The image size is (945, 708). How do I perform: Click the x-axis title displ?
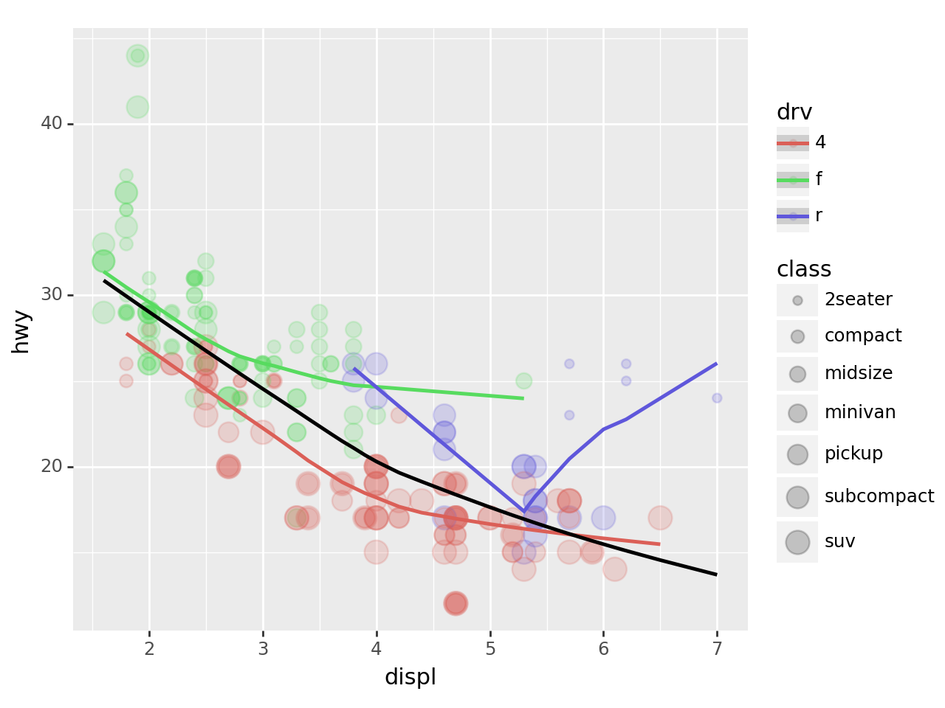[x=410, y=677]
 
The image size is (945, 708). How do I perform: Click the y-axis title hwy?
[x=21, y=331]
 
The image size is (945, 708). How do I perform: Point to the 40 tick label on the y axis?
[x=51, y=124]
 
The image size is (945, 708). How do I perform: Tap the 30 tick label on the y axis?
[x=51, y=295]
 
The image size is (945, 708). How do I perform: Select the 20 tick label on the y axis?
[x=51, y=467]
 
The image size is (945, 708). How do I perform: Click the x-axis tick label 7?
[x=717, y=649]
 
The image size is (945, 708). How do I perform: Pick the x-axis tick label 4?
[x=377, y=649]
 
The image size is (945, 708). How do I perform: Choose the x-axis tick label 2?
[x=149, y=649]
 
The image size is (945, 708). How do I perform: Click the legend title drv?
[x=794, y=112]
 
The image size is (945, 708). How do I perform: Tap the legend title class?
[x=804, y=269]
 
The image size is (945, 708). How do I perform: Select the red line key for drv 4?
[x=793, y=143]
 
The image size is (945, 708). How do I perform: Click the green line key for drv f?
[x=793, y=179]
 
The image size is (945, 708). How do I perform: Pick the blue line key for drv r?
[x=793, y=216]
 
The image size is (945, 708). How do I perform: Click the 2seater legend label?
[x=858, y=299]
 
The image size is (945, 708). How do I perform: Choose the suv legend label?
[x=839, y=541]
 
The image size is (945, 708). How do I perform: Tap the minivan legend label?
[x=860, y=412]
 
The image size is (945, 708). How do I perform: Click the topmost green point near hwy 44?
[x=137, y=55]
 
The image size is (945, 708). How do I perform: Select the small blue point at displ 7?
[x=717, y=398]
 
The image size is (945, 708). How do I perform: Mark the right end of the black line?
[x=716, y=574]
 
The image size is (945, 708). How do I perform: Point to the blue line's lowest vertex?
[x=524, y=511]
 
